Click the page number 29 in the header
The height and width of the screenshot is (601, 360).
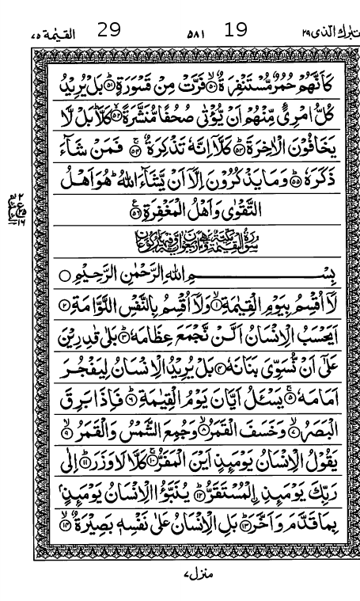point(108,30)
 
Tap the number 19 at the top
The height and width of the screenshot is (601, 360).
point(236,30)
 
